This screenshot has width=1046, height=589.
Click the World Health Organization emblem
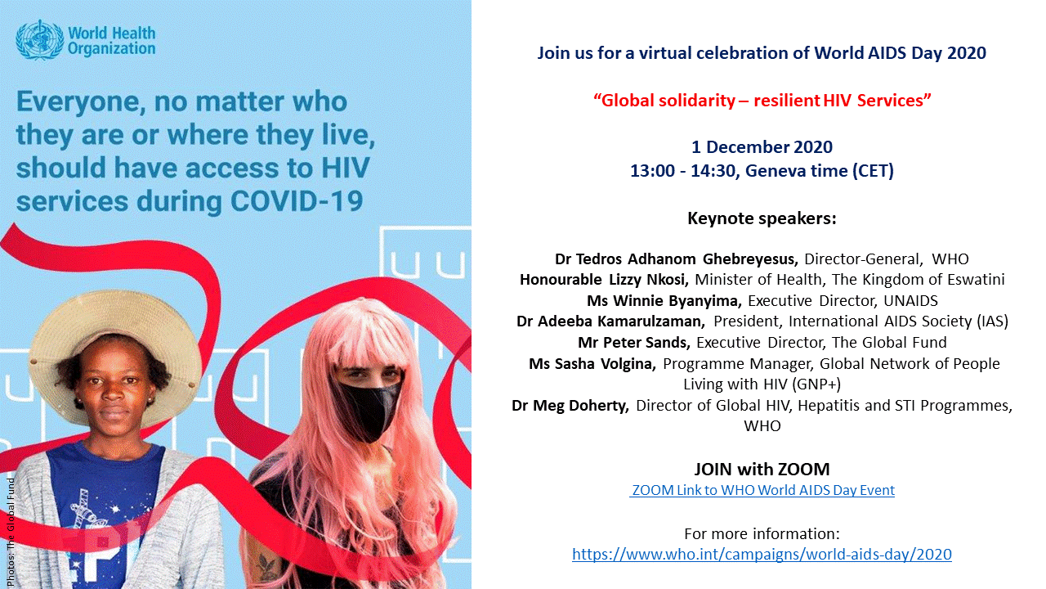(x=39, y=40)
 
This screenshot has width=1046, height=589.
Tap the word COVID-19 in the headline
(x=297, y=201)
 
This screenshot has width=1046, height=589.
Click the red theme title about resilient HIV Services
(x=762, y=101)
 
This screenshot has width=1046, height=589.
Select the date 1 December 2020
(x=762, y=147)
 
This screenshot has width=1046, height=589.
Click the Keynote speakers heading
(x=762, y=218)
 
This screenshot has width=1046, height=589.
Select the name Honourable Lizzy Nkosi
(x=604, y=280)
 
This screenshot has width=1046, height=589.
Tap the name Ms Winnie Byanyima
(x=664, y=300)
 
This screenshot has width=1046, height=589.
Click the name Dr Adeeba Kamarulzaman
(x=610, y=321)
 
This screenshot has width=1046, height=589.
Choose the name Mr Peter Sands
(x=634, y=343)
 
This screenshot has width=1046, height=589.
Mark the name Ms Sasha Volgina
(x=592, y=364)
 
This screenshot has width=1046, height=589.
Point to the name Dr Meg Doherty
(x=570, y=405)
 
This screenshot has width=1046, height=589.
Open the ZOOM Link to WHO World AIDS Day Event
(x=762, y=490)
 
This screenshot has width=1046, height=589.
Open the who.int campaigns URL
(x=762, y=554)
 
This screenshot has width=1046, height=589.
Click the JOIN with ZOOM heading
(x=762, y=469)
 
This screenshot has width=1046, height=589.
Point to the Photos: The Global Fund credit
(x=11, y=533)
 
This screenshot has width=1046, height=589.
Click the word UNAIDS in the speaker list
(x=910, y=300)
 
